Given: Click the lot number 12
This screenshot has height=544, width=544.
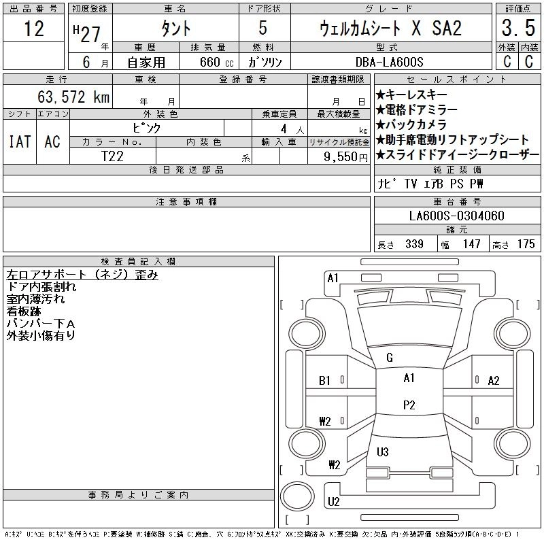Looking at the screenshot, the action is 33,29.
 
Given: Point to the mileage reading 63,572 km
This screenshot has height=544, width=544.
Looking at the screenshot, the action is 73,97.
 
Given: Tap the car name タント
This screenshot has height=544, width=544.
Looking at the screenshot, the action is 175,29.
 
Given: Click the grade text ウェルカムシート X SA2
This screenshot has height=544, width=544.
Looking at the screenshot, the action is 391,29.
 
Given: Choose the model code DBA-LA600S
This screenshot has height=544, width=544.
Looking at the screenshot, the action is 390,61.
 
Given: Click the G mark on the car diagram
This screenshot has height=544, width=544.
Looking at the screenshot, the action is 390,358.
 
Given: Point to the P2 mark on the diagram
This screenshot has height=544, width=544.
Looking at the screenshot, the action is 409,405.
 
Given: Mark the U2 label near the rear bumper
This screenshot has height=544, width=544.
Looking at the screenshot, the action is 333,502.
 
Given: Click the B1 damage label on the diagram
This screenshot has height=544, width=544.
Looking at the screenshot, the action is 324,381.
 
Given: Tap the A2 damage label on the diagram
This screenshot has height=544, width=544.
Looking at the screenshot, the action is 494,381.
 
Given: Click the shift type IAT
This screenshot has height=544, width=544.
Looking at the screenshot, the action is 19,141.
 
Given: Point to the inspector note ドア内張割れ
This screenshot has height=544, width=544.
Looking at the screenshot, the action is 41,287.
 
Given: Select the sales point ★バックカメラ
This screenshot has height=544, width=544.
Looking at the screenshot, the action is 411,124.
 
